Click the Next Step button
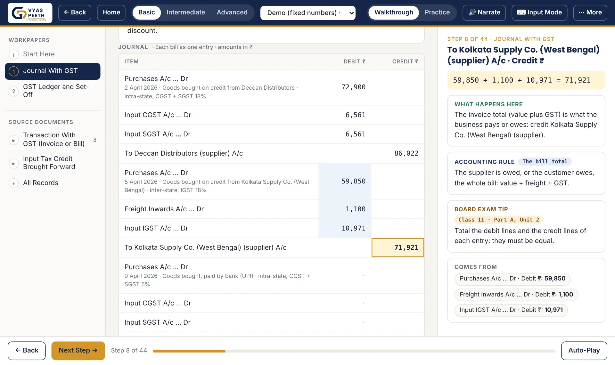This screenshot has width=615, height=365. pos(78,351)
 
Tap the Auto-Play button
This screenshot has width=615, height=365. pos(584,351)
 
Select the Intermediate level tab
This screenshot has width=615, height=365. pos(186,12)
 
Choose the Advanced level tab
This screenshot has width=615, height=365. pos(232,12)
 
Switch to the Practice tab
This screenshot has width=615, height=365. pos(437,12)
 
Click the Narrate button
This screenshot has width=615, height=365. pos(484,12)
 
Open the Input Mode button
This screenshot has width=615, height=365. pos(539,12)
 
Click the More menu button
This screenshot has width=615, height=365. pos(590,12)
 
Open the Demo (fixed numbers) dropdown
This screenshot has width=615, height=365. pos(308,13)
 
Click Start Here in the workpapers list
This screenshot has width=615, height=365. pos(39,54)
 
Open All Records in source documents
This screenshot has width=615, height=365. pos(40,183)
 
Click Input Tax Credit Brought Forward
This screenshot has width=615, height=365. pos(49,163)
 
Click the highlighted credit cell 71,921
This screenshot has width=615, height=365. pos(398,247)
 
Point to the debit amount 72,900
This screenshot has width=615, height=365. pos(353,87)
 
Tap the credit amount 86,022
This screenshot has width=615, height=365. pos(406,153)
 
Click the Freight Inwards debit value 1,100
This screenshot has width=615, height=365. pos(355,209)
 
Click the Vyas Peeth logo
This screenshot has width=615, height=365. pos(30,13)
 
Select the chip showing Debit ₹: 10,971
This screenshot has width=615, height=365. pos(511,310)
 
